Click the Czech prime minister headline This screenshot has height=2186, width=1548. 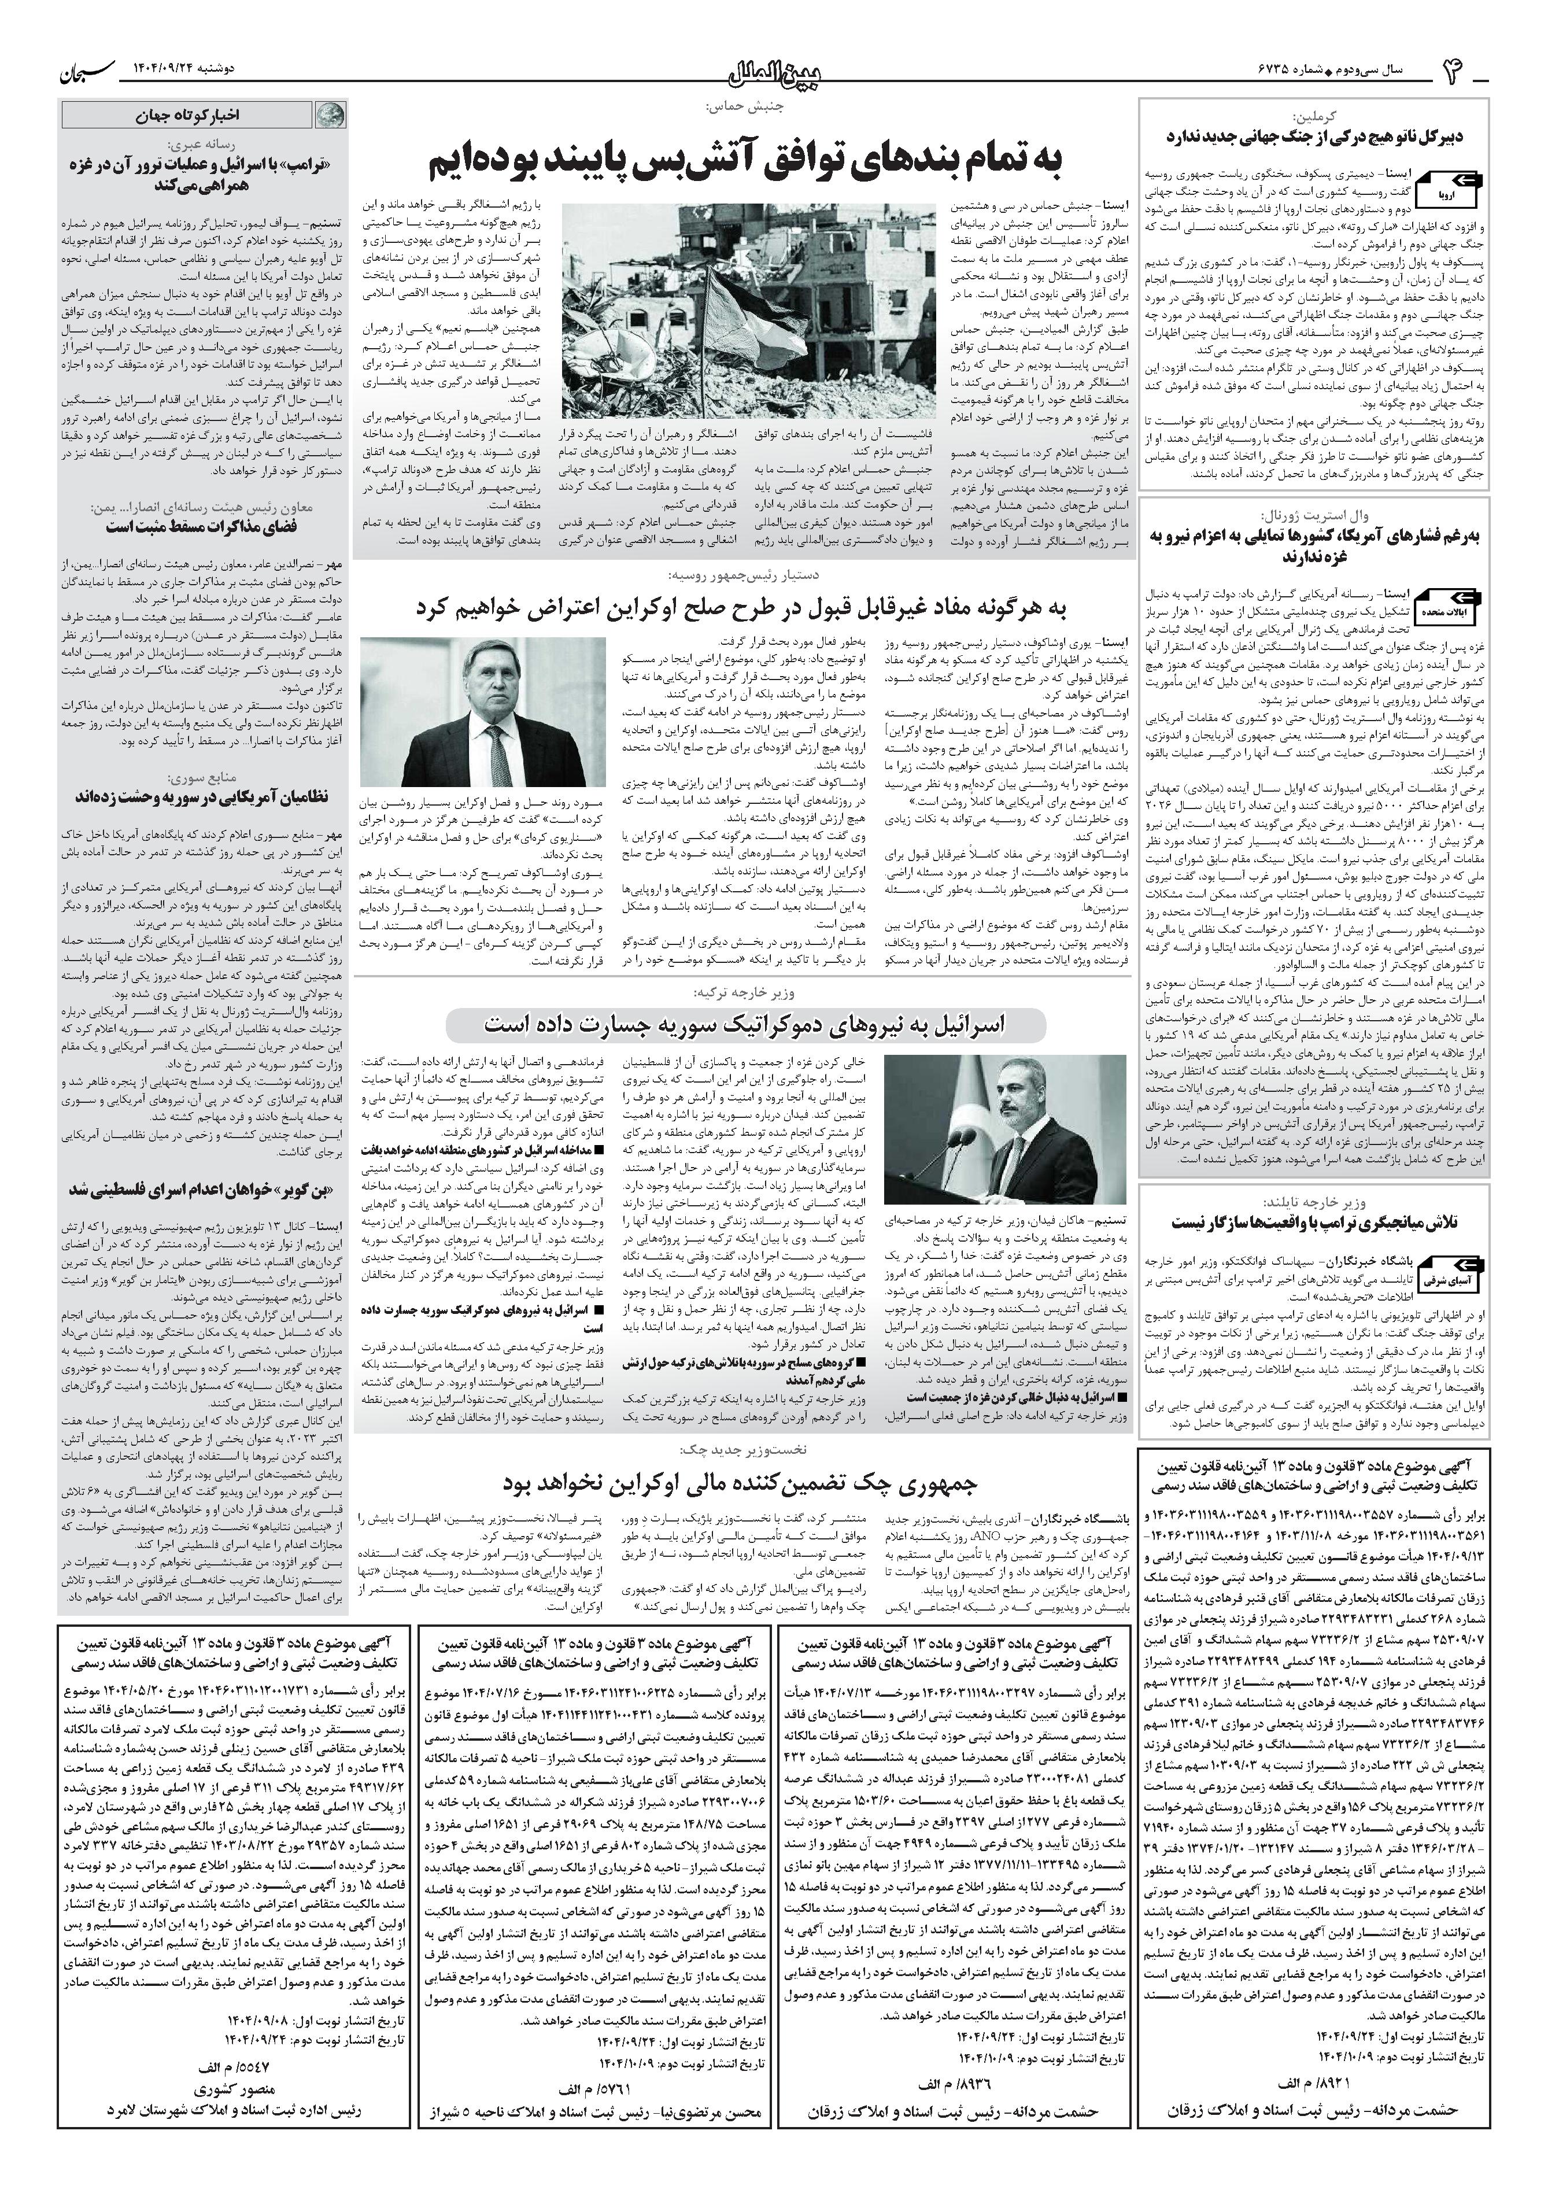[741, 1485]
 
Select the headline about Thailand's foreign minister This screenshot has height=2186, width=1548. [1316, 1222]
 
